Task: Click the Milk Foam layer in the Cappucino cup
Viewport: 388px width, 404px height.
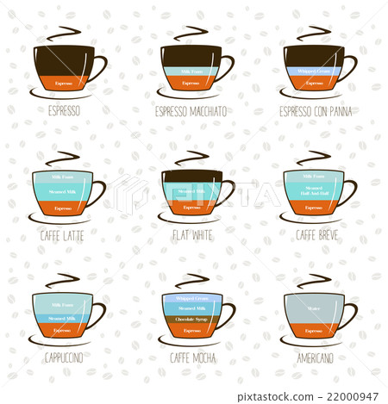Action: point(62,305)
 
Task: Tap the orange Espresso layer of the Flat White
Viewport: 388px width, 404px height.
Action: point(191,207)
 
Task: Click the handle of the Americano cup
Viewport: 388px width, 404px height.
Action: point(349,314)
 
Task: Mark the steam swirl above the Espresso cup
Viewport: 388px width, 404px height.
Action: point(61,34)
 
